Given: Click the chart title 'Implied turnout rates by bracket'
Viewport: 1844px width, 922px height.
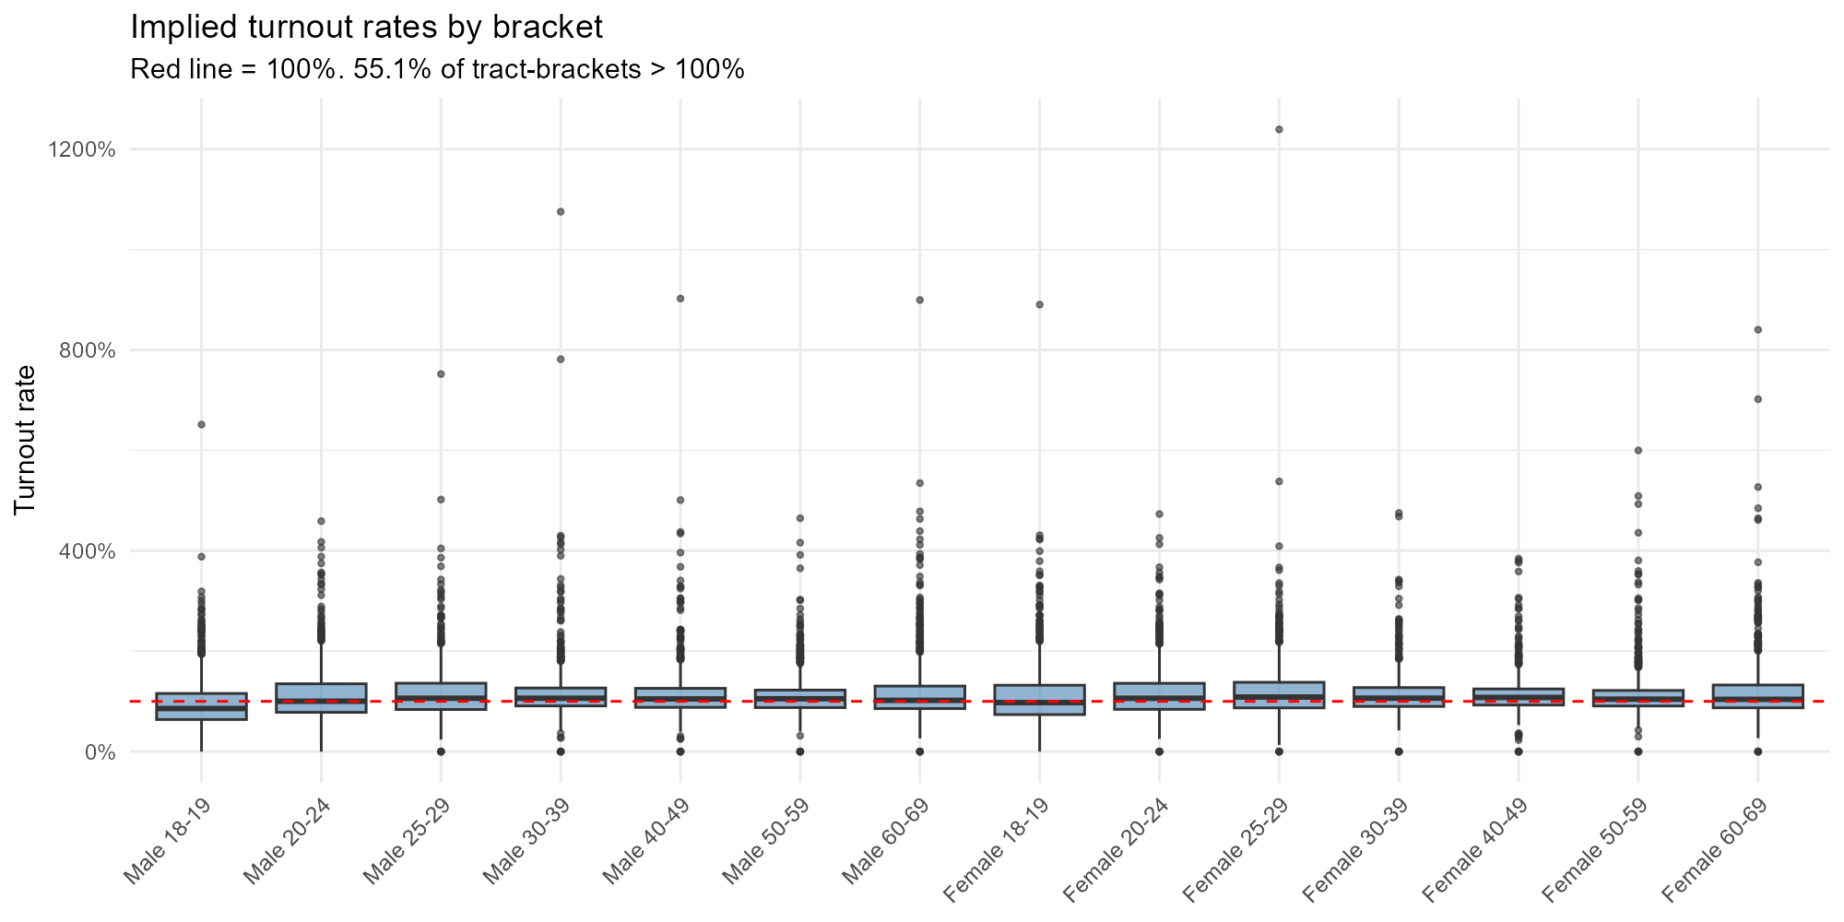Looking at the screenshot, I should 366,28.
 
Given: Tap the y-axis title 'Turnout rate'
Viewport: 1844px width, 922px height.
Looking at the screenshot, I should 26,439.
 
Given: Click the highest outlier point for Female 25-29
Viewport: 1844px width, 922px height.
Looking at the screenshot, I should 1279,129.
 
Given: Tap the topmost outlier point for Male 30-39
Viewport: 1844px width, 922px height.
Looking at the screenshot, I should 561,211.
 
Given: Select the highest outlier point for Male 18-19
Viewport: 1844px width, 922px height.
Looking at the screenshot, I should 201,424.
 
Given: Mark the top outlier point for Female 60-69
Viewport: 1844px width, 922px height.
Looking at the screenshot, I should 1757,329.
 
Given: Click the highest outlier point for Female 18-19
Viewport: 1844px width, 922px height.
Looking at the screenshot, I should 1039,304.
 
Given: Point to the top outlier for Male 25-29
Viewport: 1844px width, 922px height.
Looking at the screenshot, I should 441,373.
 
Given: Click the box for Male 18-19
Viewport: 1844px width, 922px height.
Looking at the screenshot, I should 201,706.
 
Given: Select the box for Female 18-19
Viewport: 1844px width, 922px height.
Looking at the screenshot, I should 1039,700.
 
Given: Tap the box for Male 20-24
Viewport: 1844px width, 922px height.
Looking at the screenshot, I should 321,698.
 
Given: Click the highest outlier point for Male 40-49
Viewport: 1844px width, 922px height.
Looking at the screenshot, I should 680,298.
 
